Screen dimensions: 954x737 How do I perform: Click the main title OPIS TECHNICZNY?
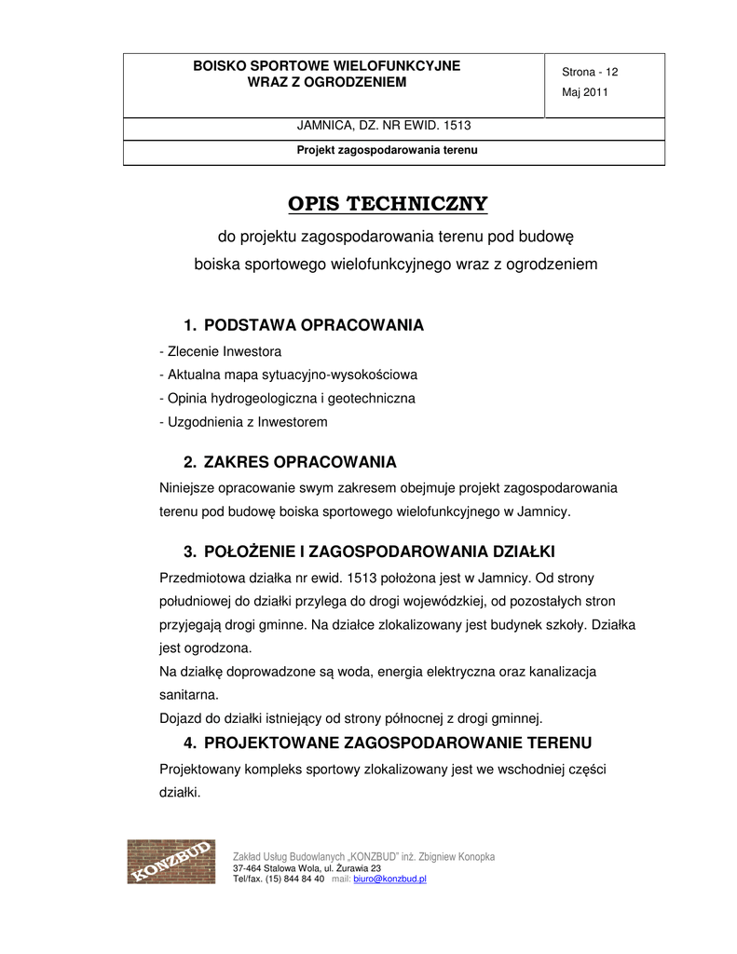(x=387, y=204)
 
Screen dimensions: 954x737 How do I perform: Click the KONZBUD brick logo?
(x=171, y=862)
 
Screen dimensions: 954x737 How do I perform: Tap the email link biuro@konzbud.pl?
(x=389, y=879)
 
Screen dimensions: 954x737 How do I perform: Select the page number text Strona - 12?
(x=590, y=73)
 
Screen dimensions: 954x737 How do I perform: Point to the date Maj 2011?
(x=584, y=92)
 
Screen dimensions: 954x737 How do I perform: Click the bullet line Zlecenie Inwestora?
(x=221, y=351)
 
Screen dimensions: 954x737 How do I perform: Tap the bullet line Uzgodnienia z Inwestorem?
(x=244, y=422)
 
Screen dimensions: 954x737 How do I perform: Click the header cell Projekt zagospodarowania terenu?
(x=387, y=149)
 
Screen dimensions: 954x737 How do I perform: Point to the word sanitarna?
(x=189, y=694)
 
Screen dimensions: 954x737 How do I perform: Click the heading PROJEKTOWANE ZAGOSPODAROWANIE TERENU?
(x=397, y=743)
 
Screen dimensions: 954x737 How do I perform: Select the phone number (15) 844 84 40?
(x=295, y=879)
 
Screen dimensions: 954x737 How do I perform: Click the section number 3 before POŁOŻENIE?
(x=189, y=551)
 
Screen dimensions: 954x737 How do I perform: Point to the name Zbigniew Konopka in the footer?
(x=462, y=856)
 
